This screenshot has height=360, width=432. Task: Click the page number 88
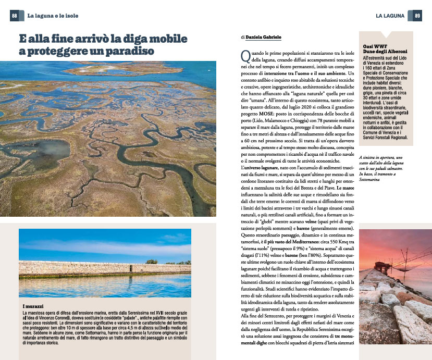point(15,16)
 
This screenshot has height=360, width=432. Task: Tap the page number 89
point(417,16)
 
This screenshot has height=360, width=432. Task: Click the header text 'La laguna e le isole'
point(53,16)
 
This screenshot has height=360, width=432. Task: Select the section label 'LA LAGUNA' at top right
point(390,16)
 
